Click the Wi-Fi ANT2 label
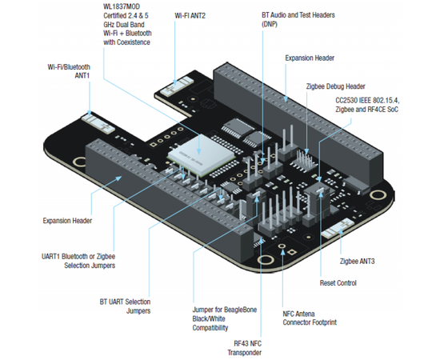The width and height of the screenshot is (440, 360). click(190, 15)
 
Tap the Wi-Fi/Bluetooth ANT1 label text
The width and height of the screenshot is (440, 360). click(69, 71)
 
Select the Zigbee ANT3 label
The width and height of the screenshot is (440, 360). click(358, 262)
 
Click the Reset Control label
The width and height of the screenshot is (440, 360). click(338, 283)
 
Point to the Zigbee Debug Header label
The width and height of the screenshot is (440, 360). click(336, 86)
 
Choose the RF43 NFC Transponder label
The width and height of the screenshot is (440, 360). click(245, 348)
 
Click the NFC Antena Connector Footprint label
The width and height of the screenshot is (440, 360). click(310, 318)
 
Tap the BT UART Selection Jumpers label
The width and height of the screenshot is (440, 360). click(125, 306)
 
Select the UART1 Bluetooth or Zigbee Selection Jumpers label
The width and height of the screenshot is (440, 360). click(78, 261)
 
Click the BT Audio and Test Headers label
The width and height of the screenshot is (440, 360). click(298, 19)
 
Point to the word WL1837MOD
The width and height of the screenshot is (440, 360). click(122, 6)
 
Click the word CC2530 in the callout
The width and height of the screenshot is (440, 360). click(346, 100)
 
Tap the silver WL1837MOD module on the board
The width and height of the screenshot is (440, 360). click(201, 154)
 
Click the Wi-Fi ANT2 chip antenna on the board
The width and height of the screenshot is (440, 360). click(177, 86)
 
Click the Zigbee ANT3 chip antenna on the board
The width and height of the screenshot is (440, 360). click(338, 229)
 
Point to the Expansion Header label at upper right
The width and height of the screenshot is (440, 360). click(310, 58)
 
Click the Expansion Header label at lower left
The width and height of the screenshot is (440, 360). click(67, 221)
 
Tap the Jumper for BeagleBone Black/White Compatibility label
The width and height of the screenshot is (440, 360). click(225, 318)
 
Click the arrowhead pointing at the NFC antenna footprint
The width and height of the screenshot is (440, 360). click(283, 252)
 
